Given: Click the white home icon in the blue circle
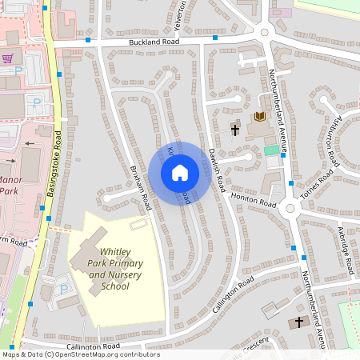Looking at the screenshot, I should coord(180,172).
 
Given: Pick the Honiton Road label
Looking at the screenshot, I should coord(253,200).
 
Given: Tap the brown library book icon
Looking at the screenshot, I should coord(258,118).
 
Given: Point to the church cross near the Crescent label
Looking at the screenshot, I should coord(300,322).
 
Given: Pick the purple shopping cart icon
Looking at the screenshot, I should coord(8,58).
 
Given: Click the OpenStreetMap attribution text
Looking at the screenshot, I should coord(81,354).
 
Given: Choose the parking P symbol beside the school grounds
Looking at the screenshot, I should coord(64,288).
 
